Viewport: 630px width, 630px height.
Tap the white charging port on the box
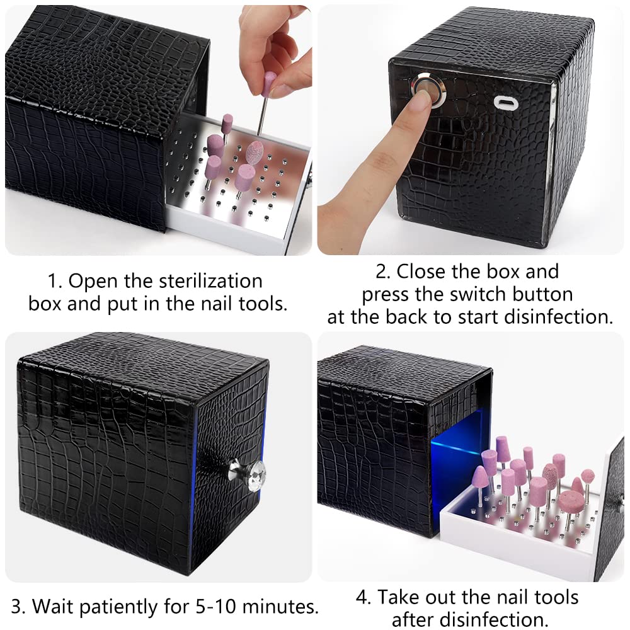click(x=503, y=103)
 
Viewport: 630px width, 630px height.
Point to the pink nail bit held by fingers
click(x=270, y=84)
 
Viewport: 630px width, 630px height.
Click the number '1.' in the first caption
click(x=55, y=280)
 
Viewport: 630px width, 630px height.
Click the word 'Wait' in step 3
click(x=55, y=607)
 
